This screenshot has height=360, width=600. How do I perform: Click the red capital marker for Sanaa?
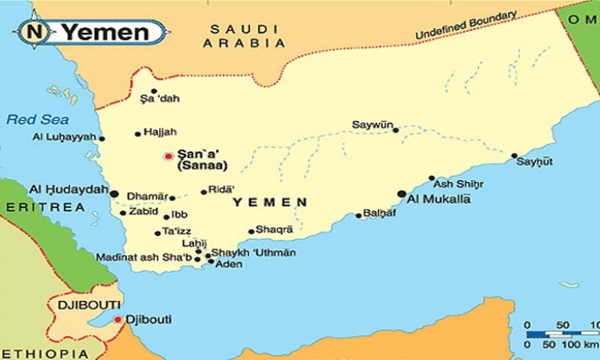click(168, 157)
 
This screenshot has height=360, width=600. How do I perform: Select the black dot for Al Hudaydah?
click(114, 193)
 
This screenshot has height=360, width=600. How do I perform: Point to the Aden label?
click(228, 264)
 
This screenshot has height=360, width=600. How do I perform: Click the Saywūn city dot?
click(396, 130)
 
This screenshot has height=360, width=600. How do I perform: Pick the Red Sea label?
click(27, 119)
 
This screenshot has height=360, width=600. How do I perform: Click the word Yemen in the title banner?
click(105, 33)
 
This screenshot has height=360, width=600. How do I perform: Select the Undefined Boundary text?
click(466, 26)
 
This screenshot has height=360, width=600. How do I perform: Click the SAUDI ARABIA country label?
click(234, 37)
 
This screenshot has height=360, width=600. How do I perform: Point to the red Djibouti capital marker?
click(118, 319)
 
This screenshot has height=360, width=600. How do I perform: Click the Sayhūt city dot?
click(514, 156)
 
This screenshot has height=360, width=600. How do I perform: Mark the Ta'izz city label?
click(176, 231)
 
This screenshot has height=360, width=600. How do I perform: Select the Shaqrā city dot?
click(251, 231)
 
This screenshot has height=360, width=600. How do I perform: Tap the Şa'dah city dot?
click(154, 91)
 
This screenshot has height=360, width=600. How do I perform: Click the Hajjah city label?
click(161, 132)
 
